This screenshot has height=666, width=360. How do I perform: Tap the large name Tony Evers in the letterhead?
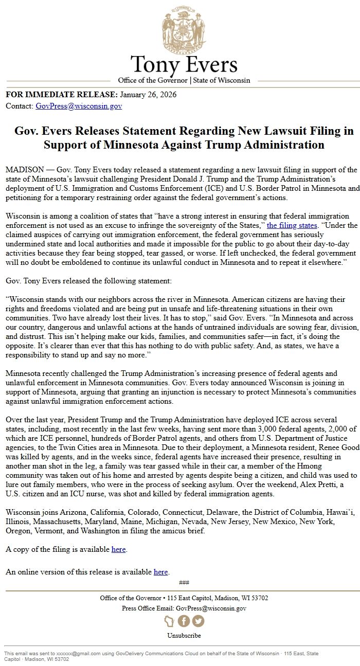click(x=184, y=65)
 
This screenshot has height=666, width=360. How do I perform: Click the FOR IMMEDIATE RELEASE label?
click(x=61, y=95)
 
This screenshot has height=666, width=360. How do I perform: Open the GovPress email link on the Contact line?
click(x=79, y=106)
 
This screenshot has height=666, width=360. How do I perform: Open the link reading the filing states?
click(x=294, y=225)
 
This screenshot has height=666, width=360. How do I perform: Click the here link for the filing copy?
click(x=118, y=549)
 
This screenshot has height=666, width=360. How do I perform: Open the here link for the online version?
click(x=160, y=571)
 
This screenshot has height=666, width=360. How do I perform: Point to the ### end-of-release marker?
click(x=184, y=583)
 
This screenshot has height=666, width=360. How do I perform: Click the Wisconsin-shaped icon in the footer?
click(x=169, y=621)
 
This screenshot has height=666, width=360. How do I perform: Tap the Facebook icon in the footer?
click(x=184, y=621)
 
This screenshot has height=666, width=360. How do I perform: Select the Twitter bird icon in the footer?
click(x=198, y=621)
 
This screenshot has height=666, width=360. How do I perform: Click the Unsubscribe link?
click(x=184, y=636)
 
